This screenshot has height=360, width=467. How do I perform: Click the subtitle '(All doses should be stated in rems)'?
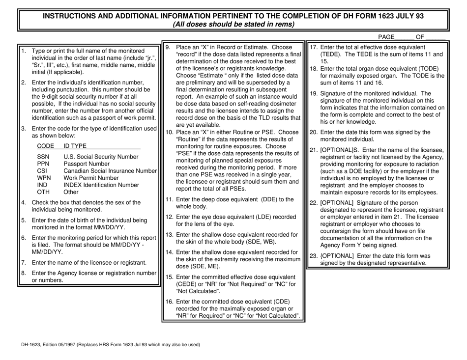233,24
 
